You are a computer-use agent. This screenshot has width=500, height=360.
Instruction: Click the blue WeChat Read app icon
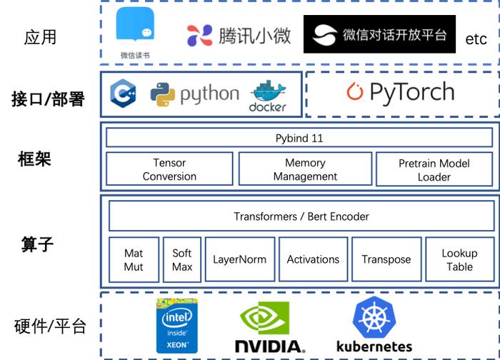coord(135,24)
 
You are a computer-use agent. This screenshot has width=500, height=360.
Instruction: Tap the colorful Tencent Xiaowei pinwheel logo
coord(199,35)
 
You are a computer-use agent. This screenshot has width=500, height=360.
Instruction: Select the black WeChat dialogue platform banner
coord(379,34)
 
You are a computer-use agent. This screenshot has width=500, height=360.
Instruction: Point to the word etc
coord(476,39)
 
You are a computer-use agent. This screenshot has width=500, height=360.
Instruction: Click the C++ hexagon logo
coord(123,94)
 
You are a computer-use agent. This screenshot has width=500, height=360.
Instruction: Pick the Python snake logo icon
coord(163,95)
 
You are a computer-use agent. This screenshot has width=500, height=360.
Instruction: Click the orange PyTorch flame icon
coord(355,91)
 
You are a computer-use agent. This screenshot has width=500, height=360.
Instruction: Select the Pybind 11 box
coord(299,138)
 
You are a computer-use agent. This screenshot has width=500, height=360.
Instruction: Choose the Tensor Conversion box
coord(169,169)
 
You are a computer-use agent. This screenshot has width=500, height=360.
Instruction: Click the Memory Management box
coord(305,169)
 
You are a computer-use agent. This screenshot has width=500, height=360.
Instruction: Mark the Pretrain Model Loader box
coord(434,169)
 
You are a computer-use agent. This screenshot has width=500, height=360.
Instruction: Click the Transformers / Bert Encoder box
coord(301,216)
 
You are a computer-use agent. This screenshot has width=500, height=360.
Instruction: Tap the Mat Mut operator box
coord(134,259)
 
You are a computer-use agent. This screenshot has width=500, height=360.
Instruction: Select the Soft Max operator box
coord(182,259)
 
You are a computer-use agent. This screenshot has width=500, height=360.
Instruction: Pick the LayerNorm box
coord(240,259)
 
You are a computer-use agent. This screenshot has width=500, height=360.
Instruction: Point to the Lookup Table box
coord(460,259)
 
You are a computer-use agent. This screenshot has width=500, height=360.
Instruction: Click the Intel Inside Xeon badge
coord(177,326)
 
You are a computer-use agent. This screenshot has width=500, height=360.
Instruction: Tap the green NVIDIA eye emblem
coord(265,318)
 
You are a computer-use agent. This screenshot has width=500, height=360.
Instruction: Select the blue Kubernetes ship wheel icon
coord(374,318)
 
